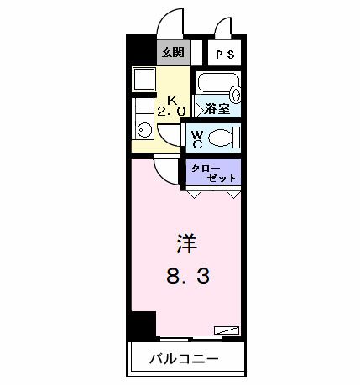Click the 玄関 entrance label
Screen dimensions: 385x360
pos(172,53)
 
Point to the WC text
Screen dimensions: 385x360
pos(196,138)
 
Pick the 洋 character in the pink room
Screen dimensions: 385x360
pos(186,244)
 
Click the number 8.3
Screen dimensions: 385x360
pos(186,277)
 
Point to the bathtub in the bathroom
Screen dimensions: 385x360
pos(218,86)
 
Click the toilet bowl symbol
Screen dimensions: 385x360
pos(222,138)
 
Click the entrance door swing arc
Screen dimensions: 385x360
pos(172,23)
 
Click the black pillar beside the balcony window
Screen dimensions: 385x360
pos(144,324)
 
